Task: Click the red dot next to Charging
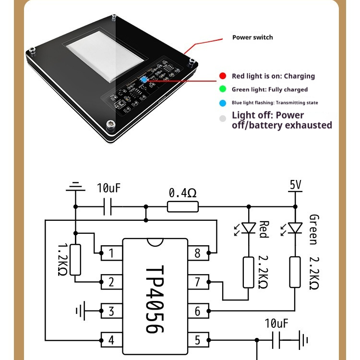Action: pos(222,76)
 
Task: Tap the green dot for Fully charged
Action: pos(222,89)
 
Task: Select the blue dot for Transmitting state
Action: pos(222,103)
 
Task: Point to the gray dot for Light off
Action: pos(222,119)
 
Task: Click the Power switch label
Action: pos(252,37)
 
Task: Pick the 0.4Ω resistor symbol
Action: pos(182,207)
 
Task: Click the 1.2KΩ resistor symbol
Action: pos(75,260)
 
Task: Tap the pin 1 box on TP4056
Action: pos(111,252)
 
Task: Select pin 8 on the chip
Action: pos(197,252)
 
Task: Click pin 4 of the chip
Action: pos(111,340)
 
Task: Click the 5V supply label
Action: pos(296,184)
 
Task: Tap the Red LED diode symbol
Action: pos(248,227)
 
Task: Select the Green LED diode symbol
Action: pos(295,227)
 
